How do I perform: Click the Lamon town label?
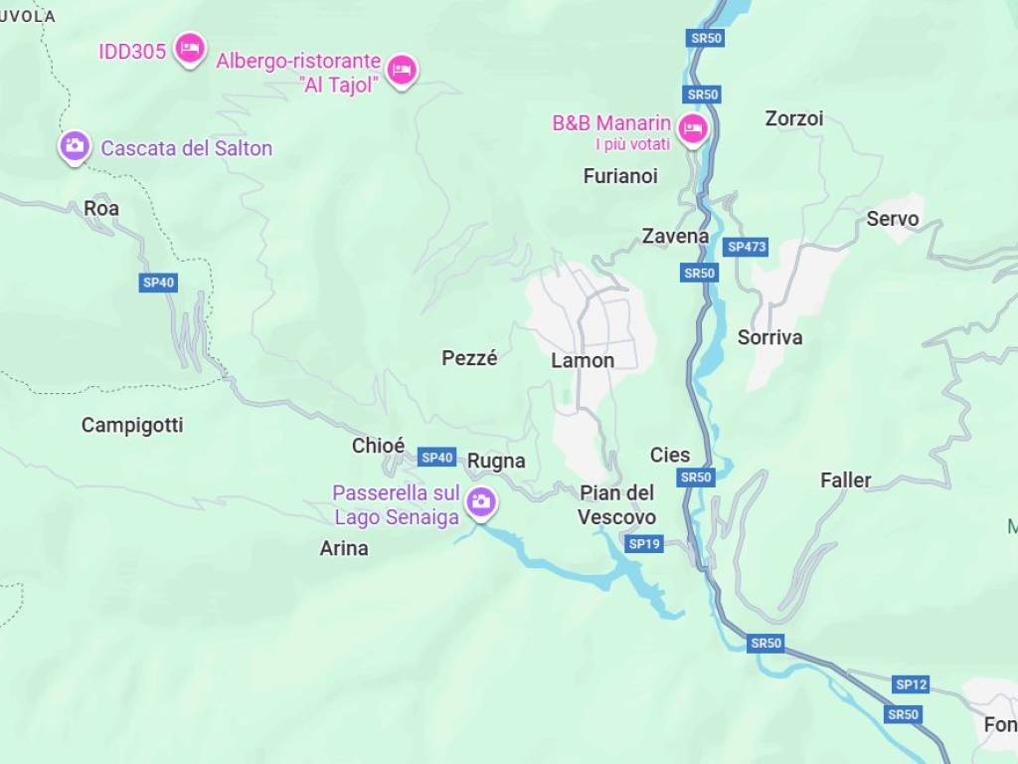pyautogui.click(x=583, y=360)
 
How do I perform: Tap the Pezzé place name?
pyautogui.click(x=469, y=358)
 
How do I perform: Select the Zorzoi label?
pyautogui.click(x=794, y=118)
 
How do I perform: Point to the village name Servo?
pyautogui.click(x=893, y=219)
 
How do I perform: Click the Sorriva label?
pyautogui.click(x=769, y=337)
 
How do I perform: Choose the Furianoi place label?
pyautogui.click(x=620, y=176)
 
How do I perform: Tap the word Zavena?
pyautogui.click(x=675, y=237)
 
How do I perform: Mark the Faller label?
pyautogui.click(x=845, y=480)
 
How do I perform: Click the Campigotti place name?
pyautogui.click(x=132, y=425)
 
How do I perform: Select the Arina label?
pyautogui.click(x=344, y=548)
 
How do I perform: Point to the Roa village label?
pyautogui.click(x=101, y=208)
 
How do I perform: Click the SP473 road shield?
pyautogui.click(x=746, y=247)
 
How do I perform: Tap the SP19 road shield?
pyautogui.click(x=644, y=544)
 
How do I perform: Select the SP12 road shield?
pyautogui.click(x=911, y=684)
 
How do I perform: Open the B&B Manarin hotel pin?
pyautogui.click(x=692, y=128)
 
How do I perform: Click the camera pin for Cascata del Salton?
pyautogui.click(x=74, y=146)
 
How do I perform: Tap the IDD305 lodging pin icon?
pyautogui.click(x=189, y=47)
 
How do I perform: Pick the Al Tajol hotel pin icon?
pyautogui.click(x=401, y=69)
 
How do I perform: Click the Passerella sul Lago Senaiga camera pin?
pyautogui.click(x=481, y=500)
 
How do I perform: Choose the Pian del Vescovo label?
pyautogui.click(x=616, y=505)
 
